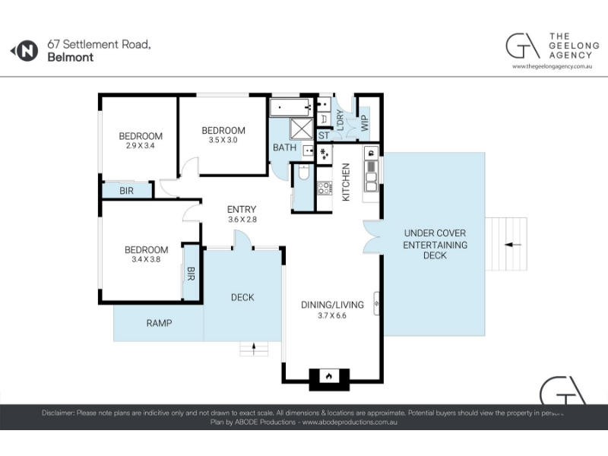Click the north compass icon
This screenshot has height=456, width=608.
tap(24, 51)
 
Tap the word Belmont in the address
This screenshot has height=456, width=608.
tap(70, 58)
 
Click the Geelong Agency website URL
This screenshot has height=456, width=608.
tap(553, 66)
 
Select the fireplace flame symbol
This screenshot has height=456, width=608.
tap(329, 375)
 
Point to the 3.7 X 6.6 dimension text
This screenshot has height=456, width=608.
tap(332, 315)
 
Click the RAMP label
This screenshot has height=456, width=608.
tap(159, 323)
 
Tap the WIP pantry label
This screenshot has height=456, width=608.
tap(365, 123)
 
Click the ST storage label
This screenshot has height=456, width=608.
tap(324, 135)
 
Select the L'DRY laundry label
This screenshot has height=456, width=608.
tap(340, 120)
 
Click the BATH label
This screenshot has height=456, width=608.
tap(284, 147)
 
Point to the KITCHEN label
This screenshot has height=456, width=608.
tap(346, 182)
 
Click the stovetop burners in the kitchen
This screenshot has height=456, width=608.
tap(325, 188)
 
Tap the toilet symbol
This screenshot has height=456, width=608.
tap(303, 173)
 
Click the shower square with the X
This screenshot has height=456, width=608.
tap(302, 129)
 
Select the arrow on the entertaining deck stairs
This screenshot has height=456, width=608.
tap(513, 245)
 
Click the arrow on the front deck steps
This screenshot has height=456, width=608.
tap(254, 349)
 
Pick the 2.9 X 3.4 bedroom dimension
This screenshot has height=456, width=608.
tap(141, 146)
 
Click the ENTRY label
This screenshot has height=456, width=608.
tap(242, 210)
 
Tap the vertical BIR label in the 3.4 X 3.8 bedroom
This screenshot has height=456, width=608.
tap(191, 274)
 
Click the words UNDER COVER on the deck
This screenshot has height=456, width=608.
tap(435, 233)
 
